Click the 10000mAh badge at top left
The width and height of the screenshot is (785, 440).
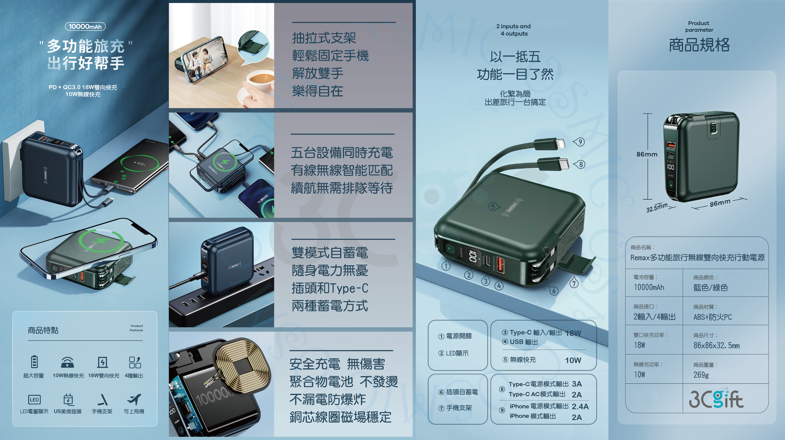[x=85, y=26]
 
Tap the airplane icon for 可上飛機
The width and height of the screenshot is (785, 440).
[x=134, y=399]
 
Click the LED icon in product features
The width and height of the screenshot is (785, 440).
[x=34, y=399]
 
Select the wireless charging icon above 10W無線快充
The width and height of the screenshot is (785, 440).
[x=67, y=362]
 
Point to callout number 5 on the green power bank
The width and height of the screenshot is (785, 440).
[x=493, y=207]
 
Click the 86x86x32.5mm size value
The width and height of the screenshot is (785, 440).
[x=716, y=346]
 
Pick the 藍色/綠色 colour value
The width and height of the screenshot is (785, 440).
[x=710, y=287]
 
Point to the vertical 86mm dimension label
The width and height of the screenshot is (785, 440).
[x=647, y=154]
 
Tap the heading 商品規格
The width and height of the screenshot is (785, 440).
[x=699, y=45]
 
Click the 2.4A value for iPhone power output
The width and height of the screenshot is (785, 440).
[x=580, y=406]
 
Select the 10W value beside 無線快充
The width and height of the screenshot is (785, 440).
[x=573, y=360]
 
